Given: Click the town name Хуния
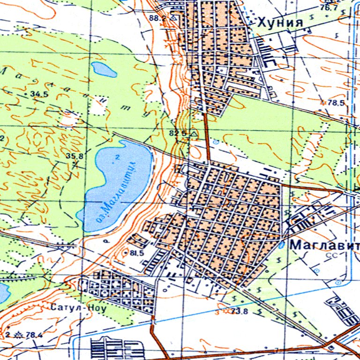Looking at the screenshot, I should coord(280,22).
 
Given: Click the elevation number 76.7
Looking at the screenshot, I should coord(329,8).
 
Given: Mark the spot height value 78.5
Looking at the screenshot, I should coord(336,103).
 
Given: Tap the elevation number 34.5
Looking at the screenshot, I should coord(39,94).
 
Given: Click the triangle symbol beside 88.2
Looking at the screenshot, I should coord(174,17).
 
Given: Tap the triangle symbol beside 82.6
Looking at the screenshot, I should coord(194,134).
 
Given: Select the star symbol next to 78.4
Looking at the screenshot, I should coord(19,334).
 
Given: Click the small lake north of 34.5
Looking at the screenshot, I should coord(104,69).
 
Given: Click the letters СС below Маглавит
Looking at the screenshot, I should coord(333,255).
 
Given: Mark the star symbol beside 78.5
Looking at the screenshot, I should coord(322,102).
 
